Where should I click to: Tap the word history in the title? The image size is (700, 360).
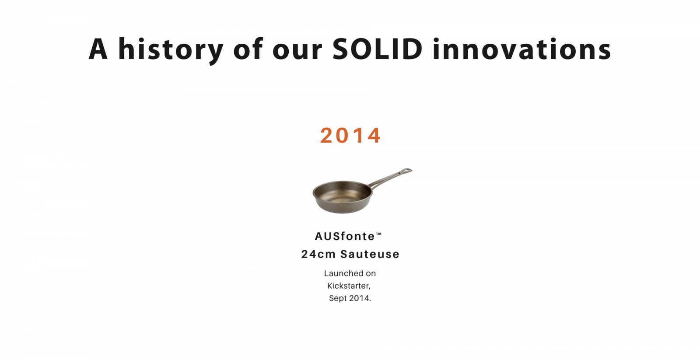(x=171, y=50)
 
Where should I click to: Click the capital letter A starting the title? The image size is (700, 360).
(x=98, y=49)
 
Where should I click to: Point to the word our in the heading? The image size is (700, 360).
(x=297, y=52)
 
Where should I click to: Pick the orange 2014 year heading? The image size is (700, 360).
(x=350, y=135)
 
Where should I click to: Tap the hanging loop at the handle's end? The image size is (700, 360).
(x=406, y=171)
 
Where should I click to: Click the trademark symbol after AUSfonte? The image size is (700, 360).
(x=378, y=234)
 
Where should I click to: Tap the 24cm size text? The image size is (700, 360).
(x=318, y=254)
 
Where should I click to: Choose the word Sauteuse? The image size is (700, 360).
(x=370, y=254)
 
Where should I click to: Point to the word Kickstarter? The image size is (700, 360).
(x=349, y=286)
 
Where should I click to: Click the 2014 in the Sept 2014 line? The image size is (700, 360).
(x=360, y=298)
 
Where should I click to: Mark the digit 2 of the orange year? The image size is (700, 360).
(x=326, y=135)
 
